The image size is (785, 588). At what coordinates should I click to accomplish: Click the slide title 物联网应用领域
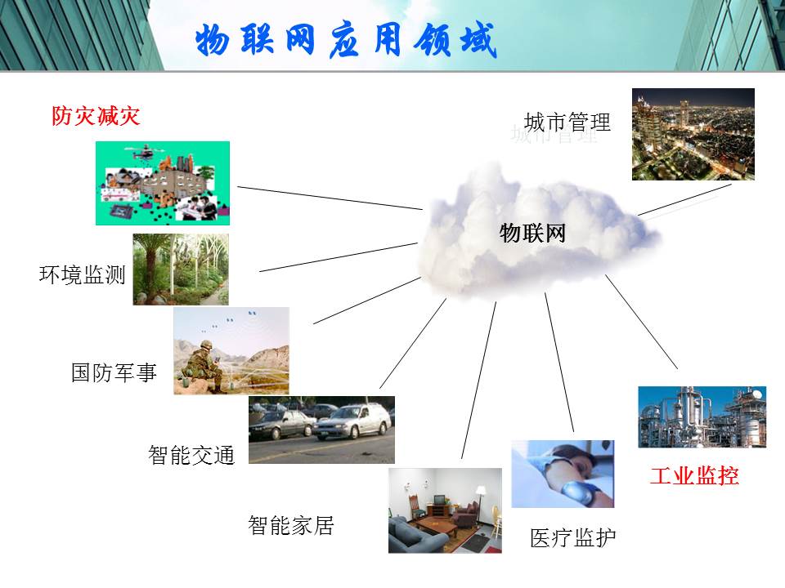346,40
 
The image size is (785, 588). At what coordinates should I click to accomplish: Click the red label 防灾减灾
96,116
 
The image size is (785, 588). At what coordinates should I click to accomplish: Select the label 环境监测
82,274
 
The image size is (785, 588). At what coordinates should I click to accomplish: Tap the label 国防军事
114,372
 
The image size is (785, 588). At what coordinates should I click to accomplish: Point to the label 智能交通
191,455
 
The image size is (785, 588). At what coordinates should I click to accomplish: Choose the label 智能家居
291,525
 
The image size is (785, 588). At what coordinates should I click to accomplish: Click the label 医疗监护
572,538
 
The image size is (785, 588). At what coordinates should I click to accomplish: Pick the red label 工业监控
694,475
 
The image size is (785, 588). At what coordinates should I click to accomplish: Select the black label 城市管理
567,122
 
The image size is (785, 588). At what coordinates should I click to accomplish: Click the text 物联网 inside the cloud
532,233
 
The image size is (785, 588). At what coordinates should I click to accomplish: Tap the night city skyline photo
693,134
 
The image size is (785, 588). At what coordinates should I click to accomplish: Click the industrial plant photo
702,416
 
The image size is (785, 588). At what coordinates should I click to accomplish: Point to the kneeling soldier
204,367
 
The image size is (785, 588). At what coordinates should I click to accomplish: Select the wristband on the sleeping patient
575,490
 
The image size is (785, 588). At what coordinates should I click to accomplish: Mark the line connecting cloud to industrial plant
641,322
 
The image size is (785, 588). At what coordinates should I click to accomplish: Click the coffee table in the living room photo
436,524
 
